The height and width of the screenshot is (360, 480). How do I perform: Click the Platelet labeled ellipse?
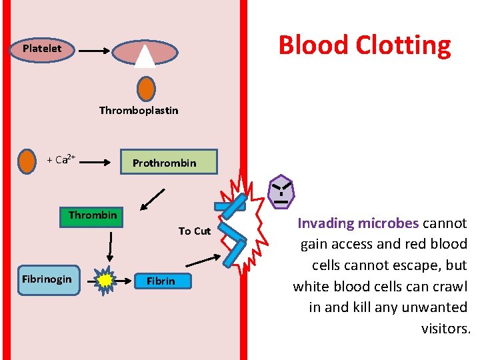coord(42,49)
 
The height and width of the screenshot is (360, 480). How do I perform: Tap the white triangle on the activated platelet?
coord(145,56)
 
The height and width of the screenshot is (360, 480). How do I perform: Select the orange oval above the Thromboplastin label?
coord(146,89)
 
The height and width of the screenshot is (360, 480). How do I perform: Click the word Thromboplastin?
coord(139,111)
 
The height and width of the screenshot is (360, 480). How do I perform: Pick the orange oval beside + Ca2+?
coord(27,161)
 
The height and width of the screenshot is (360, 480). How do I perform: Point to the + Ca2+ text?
coord(61,160)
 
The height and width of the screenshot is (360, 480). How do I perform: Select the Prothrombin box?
coord(169,162)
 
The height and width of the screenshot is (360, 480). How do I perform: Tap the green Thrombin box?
coord(92,216)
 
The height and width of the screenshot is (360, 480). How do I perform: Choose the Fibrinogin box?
coord(47,279)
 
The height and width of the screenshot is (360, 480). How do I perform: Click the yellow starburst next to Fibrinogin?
coord(105,281)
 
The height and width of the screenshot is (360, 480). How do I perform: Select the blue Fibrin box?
coord(161,281)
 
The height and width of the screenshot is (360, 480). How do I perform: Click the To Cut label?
coord(194,231)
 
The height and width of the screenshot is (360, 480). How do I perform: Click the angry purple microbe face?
coord(281,191)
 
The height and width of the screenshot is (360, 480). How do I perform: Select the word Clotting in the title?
coord(403,45)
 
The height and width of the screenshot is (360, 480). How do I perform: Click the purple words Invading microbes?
coord(358,223)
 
